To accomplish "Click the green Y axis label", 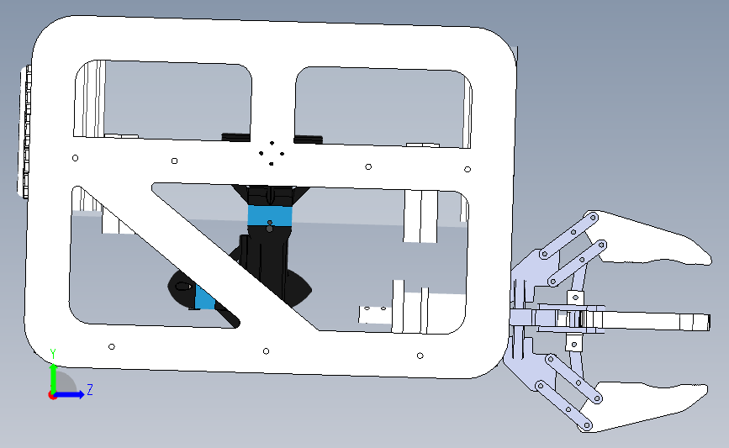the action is coord(53,354).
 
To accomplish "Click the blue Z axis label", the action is coord(90,389).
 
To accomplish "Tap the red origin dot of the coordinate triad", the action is coord(52,395).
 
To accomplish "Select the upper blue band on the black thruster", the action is coord(270,216).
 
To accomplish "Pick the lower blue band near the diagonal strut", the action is coord(204,298).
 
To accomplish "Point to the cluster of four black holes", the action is coord(272,153).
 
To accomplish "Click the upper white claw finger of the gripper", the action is coord(651,240).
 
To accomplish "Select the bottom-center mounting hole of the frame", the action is coord(266,350).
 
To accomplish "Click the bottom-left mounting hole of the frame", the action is coord(112,346).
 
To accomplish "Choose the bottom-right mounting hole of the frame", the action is coord(420,356).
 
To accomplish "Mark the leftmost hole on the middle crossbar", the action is coord(76,158).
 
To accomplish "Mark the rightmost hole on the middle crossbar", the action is coord(468,169).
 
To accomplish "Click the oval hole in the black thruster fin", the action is coord(184,287).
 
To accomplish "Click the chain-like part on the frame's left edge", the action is coord(25,133).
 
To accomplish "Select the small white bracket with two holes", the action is coord(376,314).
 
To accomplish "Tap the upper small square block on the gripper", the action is coord(575,298).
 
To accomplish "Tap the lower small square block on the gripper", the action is coord(573,344).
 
